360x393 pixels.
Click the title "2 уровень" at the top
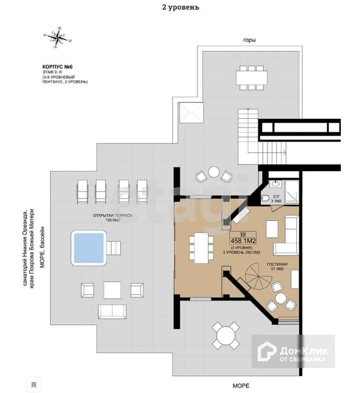(180, 7)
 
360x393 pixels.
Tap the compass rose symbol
(58, 37)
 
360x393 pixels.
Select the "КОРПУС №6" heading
(58, 67)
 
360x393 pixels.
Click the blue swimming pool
(88, 248)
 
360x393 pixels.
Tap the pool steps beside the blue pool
(113, 247)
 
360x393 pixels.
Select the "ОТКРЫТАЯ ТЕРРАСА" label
(112, 215)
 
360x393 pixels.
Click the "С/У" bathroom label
(275, 196)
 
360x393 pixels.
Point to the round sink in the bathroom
(275, 184)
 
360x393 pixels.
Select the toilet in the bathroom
(265, 198)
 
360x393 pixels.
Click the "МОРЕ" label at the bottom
(241, 386)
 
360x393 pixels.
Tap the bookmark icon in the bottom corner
(34, 385)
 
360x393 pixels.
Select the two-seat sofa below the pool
(112, 311)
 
